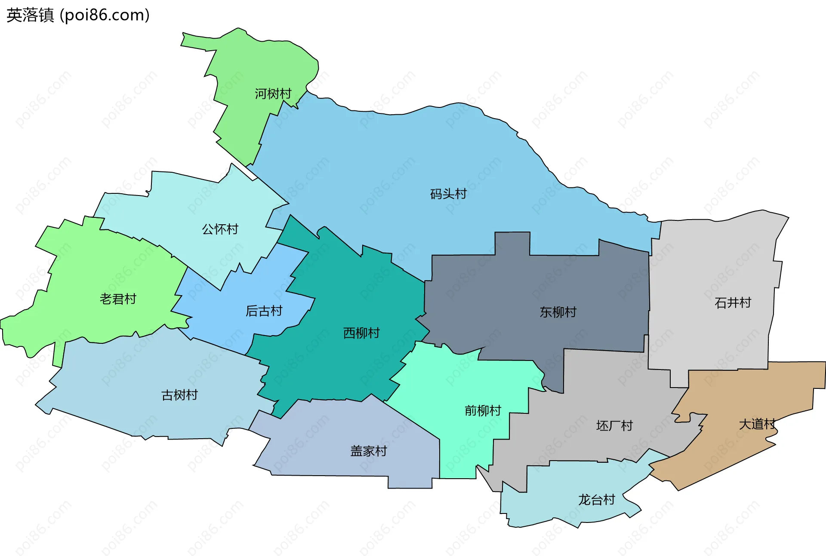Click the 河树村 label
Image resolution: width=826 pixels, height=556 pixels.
(273, 94)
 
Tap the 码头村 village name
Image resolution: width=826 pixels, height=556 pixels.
(448, 194)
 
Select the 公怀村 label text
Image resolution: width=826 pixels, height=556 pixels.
(220, 229)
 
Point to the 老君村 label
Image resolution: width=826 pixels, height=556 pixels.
(118, 299)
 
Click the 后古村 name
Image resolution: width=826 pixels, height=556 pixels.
(264, 311)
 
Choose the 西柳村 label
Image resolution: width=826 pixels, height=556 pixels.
(361, 333)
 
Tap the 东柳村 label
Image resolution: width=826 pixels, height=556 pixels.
(558, 312)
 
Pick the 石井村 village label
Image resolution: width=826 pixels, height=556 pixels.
(733, 303)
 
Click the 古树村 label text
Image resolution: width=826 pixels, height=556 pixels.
(179, 395)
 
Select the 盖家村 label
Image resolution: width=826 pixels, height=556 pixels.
(369, 451)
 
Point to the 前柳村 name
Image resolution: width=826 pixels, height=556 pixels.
(483, 411)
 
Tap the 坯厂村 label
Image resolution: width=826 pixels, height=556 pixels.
(614, 426)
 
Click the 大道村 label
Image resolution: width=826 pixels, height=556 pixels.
(757, 424)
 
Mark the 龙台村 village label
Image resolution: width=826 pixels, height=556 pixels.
(596, 500)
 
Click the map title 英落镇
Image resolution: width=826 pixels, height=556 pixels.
(30, 15)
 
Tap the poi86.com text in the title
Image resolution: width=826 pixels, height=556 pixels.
(105, 15)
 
